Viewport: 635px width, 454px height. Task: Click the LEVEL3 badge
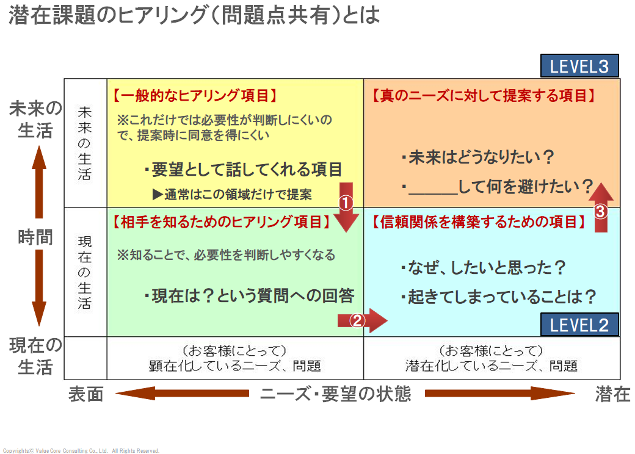coord(579,66)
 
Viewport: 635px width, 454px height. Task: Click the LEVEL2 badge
coord(579,325)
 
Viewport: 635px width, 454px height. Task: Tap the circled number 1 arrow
coord(346,206)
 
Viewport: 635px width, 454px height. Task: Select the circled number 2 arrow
coord(361,319)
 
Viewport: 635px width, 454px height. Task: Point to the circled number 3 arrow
coord(601,207)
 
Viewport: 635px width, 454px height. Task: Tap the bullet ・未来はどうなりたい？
coord(477,158)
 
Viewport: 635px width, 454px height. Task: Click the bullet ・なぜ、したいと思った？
coord(483,268)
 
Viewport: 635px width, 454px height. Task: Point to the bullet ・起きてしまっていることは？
coord(498,297)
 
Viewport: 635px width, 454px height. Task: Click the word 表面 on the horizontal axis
coord(85,394)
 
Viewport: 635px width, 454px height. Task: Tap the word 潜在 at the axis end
coord(612,394)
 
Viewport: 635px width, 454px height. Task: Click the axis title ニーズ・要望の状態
coord(336,394)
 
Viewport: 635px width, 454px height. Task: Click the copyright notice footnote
coord(81,451)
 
